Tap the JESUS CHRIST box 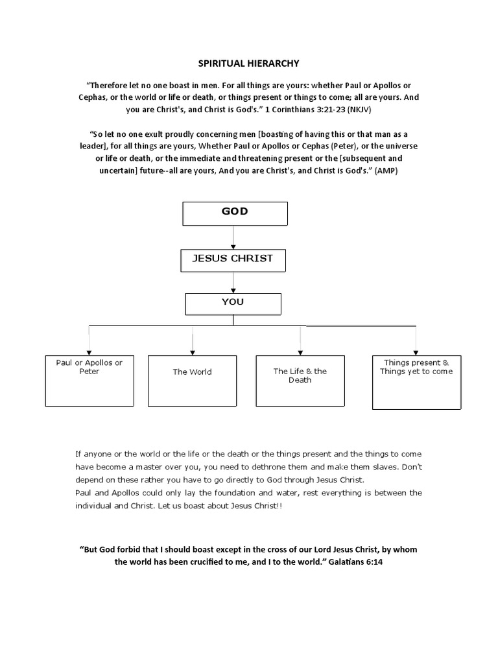click(233, 259)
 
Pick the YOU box click(233, 303)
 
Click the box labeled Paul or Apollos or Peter click(89, 381)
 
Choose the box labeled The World click(192, 381)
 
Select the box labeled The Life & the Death click(300, 381)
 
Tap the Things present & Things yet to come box click(416, 382)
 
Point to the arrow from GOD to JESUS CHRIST click(233, 238)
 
